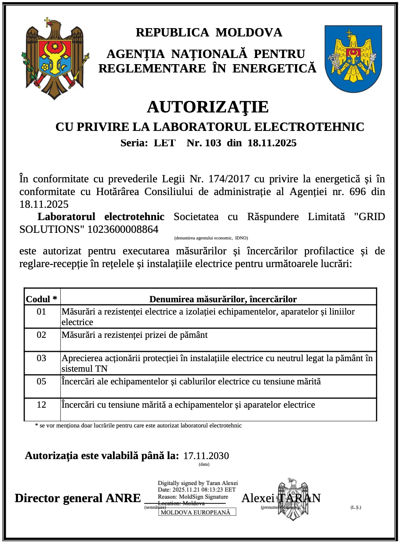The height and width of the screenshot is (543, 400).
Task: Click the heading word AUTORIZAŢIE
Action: (207, 107)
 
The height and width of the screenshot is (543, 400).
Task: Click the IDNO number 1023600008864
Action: (123, 229)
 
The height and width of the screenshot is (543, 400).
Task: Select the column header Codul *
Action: (42, 299)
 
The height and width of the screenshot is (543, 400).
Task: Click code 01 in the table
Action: (41, 311)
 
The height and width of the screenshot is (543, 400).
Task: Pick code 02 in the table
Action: (41, 335)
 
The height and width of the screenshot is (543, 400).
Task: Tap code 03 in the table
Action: (41, 358)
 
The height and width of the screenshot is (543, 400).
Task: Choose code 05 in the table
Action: (41, 381)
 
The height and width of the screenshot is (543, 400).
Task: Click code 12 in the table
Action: (41, 405)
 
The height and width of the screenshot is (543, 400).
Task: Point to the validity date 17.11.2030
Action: (206, 456)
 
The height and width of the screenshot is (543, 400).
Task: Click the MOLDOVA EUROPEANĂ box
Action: (197, 512)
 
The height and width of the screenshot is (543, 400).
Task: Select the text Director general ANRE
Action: (77, 498)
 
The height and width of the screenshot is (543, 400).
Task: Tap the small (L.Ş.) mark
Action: (356, 507)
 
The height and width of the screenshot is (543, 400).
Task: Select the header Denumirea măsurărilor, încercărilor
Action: (223, 299)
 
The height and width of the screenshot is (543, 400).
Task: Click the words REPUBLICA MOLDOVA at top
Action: (209, 33)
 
